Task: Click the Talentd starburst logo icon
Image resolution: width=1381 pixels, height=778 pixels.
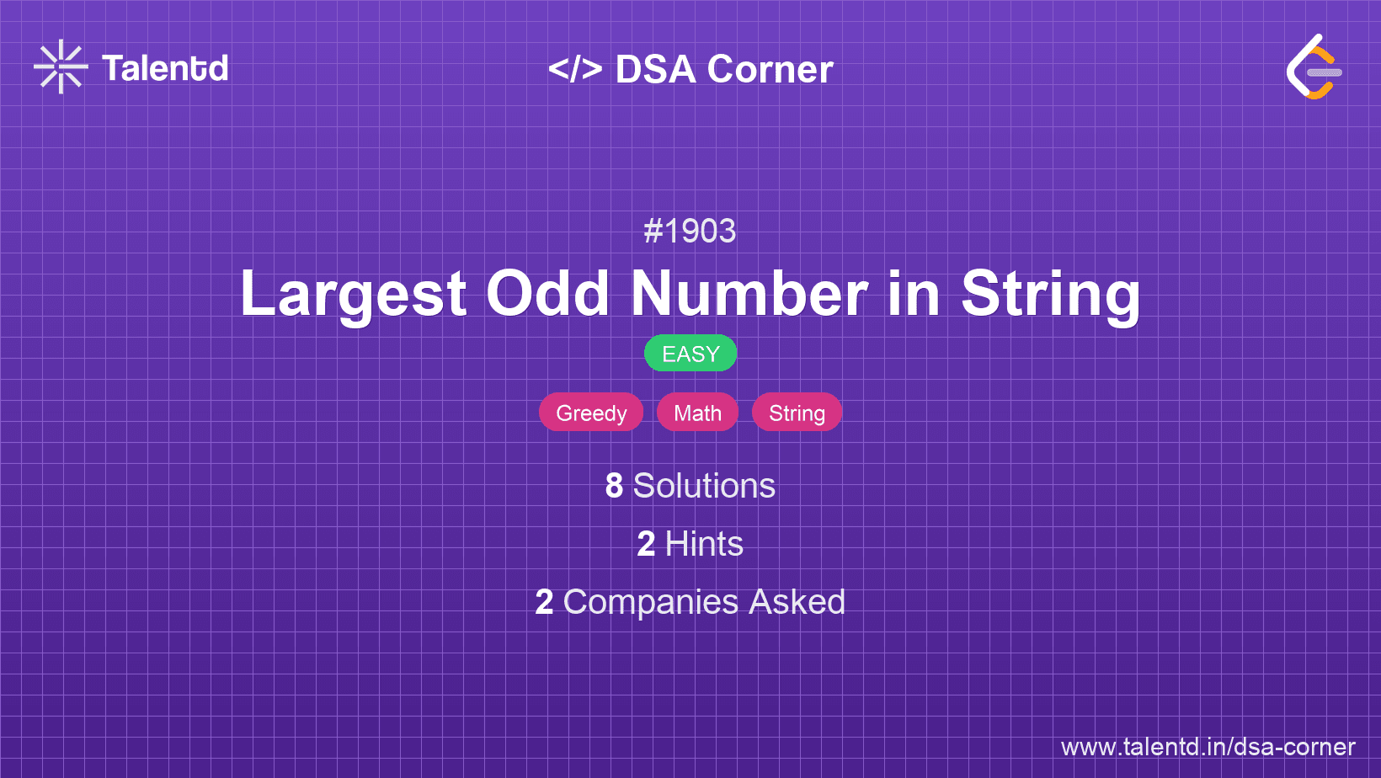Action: [61, 67]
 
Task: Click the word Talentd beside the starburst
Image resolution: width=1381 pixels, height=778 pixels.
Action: [165, 68]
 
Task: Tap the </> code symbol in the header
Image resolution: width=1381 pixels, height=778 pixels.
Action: [574, 69]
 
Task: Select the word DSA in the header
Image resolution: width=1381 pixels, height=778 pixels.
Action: [655, 69]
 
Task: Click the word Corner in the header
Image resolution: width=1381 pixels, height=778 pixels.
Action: [770, 69]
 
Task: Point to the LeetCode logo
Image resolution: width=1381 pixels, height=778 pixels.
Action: [1314, 67]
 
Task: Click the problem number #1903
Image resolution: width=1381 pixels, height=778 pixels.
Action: [690, 232]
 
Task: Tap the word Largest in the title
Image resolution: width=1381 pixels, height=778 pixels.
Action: [353, 295]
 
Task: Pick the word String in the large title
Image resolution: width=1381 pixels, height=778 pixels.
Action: [1051, 295]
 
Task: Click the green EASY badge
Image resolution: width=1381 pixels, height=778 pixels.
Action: [690, 354]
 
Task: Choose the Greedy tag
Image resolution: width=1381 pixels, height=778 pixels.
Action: [591, 413]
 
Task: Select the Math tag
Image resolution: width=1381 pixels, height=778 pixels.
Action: [697, 413]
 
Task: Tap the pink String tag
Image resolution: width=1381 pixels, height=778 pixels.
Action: [797, 413]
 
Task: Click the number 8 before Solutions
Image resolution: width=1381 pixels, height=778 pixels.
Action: [614, 486]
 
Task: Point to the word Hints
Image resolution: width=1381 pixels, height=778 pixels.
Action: [704, 544]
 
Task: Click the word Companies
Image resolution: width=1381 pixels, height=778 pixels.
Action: [650, 602]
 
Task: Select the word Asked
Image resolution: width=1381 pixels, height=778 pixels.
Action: [797, 602]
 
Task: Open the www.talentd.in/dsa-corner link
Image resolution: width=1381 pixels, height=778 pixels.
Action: [1208, 747]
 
